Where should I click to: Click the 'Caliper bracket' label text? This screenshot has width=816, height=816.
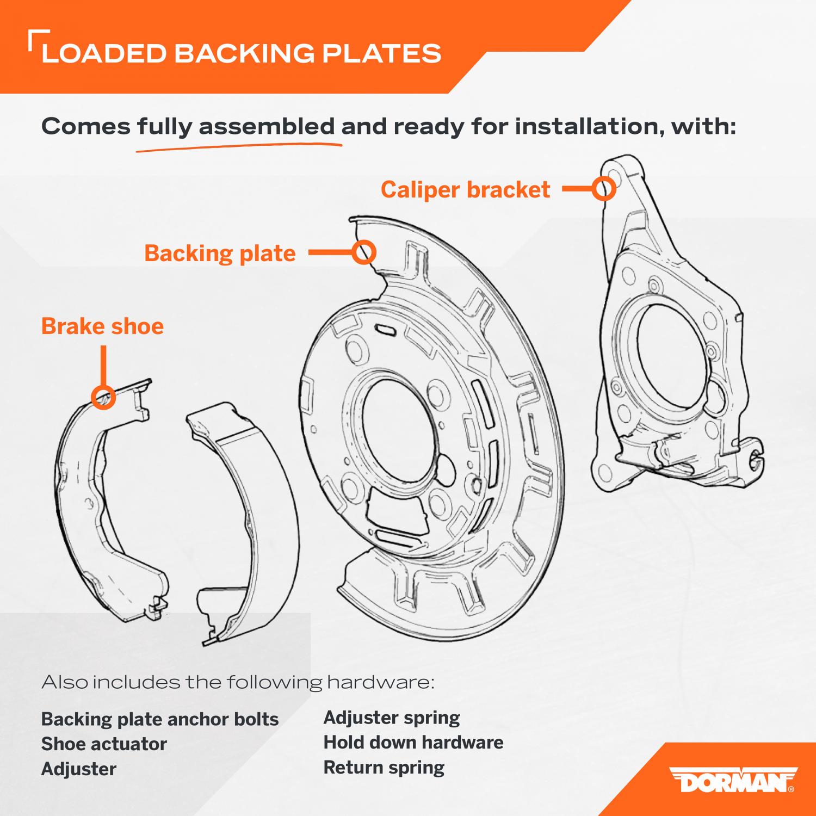[x=465, y=190]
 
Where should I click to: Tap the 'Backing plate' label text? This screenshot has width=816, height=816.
[x=220, y=254]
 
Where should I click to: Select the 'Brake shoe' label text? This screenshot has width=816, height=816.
[x=102, y=326]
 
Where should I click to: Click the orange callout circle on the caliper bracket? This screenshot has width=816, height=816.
[x=604, y=189]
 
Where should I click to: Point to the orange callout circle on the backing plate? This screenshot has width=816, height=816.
[x=364, y=252]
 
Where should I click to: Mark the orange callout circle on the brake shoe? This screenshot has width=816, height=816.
[x=103, y=397]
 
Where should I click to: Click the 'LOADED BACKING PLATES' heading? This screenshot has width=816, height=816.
[x=241, y=54]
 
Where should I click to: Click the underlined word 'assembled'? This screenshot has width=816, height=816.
[x=267, y=127]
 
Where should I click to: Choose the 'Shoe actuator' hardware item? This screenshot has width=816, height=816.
[x=104, y=744]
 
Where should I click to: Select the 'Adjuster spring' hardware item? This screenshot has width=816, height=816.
[x=392, y=718]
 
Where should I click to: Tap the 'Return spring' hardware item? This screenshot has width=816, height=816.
[x=384, y=768]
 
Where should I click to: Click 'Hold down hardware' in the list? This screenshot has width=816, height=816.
[x=413, y=743]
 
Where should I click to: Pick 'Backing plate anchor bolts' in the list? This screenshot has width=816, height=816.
[x=160, y=719]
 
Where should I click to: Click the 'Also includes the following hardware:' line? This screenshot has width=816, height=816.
[x=238, y=682]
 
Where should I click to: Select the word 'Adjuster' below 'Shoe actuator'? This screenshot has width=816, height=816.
[x=79, y=769]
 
